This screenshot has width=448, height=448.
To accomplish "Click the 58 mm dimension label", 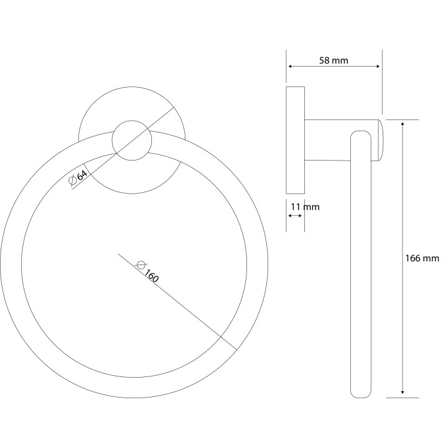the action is click(x=334, y=60).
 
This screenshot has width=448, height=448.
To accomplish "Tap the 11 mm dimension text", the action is click(x=305, y=207).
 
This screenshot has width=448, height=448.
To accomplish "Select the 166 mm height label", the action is click(x=422, y=258).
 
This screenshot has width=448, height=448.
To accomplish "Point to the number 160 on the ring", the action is click(x=151, y=276).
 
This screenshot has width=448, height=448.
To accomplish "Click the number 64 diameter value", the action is click(x=82, y=175).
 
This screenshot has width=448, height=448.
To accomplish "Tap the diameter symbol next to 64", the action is click(x=73, y=180).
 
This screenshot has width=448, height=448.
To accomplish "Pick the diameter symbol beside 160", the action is click(x=141, y=265).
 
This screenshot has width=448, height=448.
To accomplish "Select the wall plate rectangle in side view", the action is click(x=296, y=140).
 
